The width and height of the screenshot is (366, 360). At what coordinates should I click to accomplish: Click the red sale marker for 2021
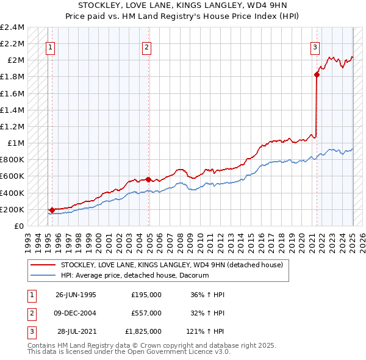click(x=317, y=75)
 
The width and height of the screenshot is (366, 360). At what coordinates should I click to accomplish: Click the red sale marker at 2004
click(x=149, y=180)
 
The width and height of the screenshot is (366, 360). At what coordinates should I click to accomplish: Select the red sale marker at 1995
click(x=52, y=210)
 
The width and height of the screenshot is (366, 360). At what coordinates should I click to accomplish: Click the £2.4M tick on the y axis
click(x=12, y=27)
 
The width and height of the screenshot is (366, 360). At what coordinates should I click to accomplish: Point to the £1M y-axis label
click(x=15, y=143)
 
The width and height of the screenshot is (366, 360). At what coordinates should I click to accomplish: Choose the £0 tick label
click(x=20, y=226)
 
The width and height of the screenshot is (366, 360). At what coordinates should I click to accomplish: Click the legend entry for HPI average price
click(x=135, y=276)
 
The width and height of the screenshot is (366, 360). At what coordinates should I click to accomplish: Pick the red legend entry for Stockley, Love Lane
click(x=171, y=265)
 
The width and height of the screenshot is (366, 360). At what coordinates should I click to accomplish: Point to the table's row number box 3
click(x=30, y=331)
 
